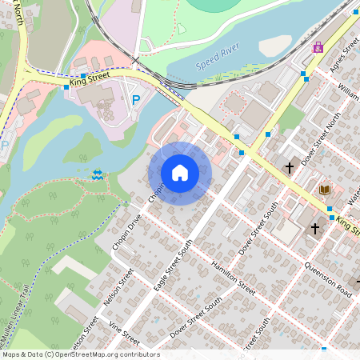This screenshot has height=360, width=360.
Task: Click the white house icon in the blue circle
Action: pos(180,172)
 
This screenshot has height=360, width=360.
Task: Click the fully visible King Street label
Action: pos(89,79)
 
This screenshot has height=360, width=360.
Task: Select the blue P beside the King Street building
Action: pos(136,101)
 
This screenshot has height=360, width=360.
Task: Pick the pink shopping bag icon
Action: pos(318,47)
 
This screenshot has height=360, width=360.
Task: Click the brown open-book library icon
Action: pos(324,190)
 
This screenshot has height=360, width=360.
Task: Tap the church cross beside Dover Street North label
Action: pos(289,168)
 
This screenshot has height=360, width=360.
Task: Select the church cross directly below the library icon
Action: pos(315,229)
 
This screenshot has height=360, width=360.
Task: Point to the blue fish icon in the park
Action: pos(98,174)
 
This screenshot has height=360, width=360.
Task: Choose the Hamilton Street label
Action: pos(232,276)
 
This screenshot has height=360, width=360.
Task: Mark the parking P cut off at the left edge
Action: pos(3,146)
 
